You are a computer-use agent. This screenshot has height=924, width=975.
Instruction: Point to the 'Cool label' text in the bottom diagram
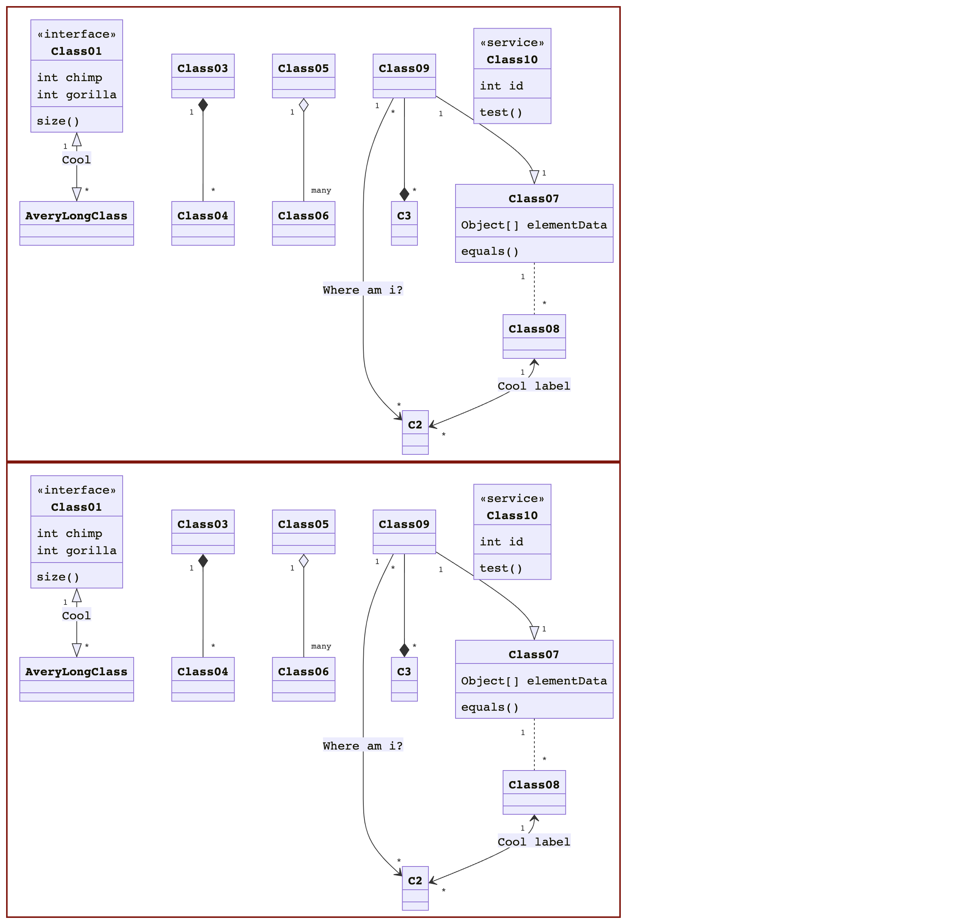point(534,842)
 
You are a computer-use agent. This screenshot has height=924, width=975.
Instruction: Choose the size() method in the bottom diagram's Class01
point(58,577)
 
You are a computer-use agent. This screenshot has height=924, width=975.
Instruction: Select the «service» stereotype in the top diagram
point(512,43)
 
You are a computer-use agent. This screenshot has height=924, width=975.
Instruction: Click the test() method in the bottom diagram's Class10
point(501,568)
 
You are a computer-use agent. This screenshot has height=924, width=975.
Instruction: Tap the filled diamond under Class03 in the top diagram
point(203,105)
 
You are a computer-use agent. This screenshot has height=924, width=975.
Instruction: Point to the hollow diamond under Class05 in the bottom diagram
point(304,561)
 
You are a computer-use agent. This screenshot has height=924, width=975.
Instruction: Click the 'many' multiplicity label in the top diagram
point(321,190)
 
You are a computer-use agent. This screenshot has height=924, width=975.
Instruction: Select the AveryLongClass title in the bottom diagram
point(76,672)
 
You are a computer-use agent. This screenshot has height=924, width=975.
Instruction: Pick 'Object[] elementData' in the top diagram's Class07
point(534,225)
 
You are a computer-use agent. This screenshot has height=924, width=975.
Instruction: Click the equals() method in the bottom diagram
point(490,707)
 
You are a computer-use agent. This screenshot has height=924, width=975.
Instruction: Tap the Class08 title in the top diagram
point(534,329)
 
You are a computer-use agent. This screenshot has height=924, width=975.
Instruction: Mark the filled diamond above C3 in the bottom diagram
point(404,650)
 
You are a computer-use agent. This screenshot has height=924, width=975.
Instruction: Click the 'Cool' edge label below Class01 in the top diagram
point(76,160)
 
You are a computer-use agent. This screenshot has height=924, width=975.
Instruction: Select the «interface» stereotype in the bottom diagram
point(76,490)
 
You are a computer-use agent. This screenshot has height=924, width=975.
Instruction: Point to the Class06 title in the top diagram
point(303,216)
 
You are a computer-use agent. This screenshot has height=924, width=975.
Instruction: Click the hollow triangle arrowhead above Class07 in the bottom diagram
point(534,632)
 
